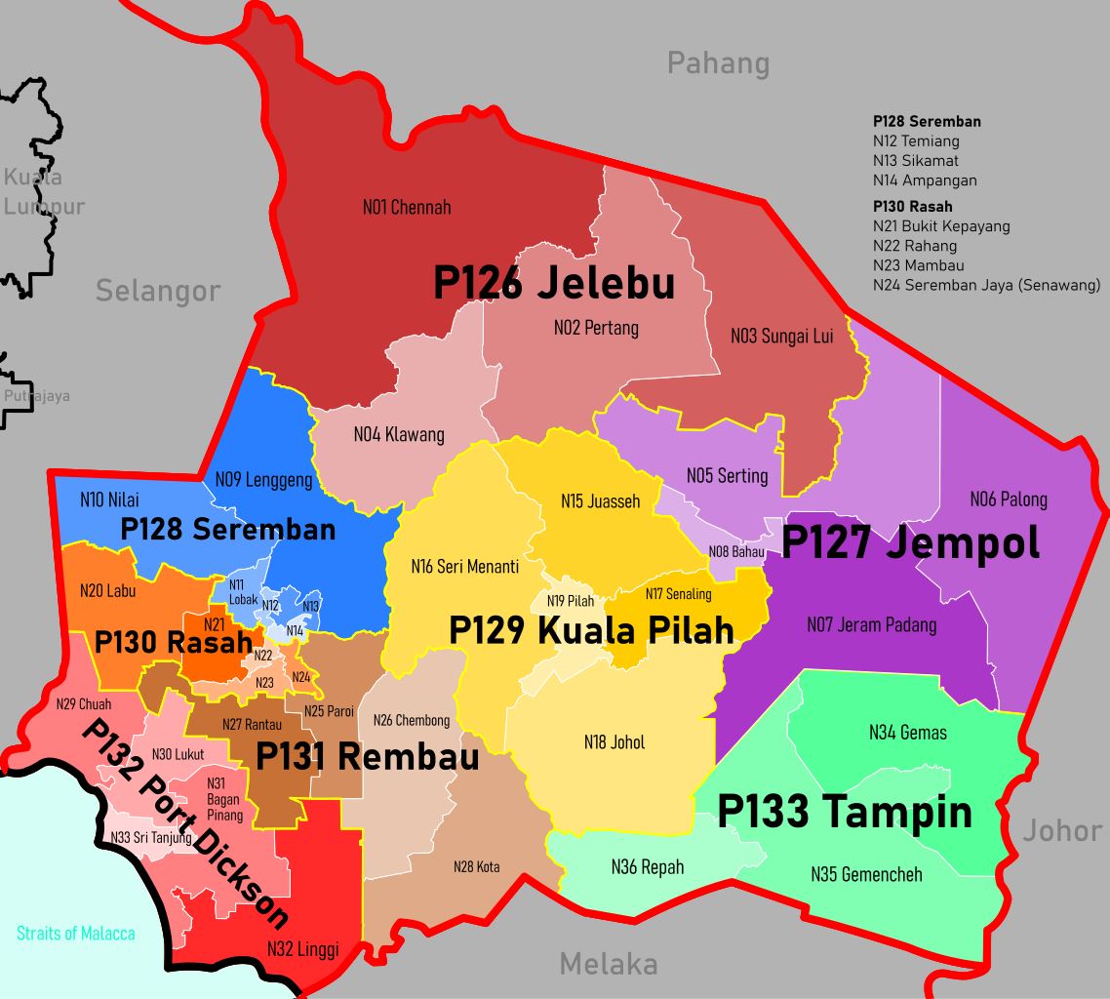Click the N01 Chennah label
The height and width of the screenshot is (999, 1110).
point(407,207)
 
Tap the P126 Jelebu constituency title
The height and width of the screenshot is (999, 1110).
point(554,283)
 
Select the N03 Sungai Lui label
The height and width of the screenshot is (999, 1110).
point(782,337)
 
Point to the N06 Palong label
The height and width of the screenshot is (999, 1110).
point(1009,499)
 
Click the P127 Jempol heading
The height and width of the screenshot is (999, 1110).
point(911,543)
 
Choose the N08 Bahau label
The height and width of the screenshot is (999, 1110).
point(736,551)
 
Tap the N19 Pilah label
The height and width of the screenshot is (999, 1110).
point(570,601)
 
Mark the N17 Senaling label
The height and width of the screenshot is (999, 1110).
point(678,593)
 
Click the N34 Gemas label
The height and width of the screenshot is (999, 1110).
point(908,733)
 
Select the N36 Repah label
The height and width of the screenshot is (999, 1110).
point(648,866)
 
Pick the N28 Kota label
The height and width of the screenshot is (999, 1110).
point(476,866)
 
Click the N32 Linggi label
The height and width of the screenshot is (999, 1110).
point(302,947)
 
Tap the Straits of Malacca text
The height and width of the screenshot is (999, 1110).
point(76,934)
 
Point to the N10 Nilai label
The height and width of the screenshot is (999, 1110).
point(109,499)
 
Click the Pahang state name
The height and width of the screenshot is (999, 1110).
point(718,63)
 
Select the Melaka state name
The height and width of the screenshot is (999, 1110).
point(609,965)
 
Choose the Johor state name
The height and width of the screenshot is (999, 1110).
point(1062,830)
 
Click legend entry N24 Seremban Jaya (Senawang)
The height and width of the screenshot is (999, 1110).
point(986,285)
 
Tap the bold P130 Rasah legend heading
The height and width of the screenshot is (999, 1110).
point(912,206)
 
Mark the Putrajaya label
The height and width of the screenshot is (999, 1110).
point(36,396)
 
